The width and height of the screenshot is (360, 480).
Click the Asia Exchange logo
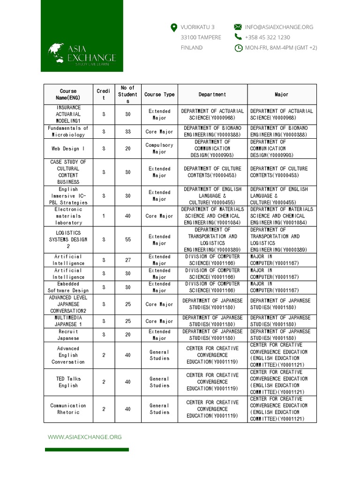82,54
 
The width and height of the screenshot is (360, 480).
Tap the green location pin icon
174,28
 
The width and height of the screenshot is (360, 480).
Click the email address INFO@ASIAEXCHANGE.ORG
279,27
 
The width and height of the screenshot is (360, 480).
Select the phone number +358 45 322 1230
267,37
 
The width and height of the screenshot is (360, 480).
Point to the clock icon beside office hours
238,48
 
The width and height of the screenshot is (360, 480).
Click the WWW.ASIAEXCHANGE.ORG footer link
85,437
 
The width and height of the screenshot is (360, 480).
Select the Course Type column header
159,94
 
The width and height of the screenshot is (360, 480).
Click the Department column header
212,94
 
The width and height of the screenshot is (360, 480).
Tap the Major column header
282,94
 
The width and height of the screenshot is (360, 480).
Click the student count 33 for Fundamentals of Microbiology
128,132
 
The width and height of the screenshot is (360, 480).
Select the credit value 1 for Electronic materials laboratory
104,216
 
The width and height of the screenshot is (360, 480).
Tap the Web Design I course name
68,149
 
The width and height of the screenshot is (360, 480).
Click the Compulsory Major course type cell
159,149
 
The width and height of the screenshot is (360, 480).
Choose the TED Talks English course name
68,382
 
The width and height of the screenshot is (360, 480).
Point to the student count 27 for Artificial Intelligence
128,260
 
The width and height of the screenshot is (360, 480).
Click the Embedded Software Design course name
68,287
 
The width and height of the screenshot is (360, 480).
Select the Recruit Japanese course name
68,335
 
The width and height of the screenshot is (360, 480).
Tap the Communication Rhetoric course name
68,409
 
